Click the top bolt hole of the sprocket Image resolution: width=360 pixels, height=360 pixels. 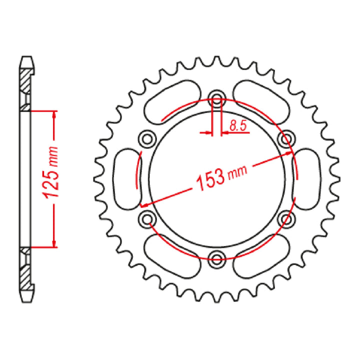(x=216, y=97)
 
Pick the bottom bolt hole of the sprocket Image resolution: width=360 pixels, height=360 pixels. (x=216, y=258)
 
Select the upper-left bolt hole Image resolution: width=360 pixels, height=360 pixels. (x=147, y=137)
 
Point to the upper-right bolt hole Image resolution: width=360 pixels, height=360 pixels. (x=286, y=137)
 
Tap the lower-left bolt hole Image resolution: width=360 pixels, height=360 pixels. (x=147, y=217)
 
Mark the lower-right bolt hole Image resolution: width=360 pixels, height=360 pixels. (x=286, y=217)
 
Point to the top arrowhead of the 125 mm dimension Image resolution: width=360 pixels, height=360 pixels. (x=54, y=114)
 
